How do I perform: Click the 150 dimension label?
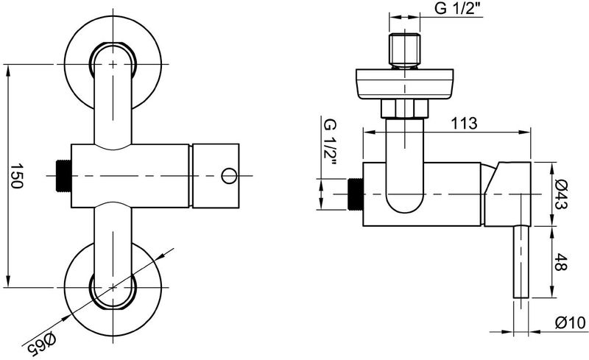pyautogui.click(x=15, y=175)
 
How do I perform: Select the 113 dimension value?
pyautogui.click(x=464, y=123)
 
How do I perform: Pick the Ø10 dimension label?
pyautogui.click(x=570, y=322)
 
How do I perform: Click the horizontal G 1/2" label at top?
pyautogui.click(x=459, y=8)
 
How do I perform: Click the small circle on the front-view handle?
pyautogui.click(x=229, y=175)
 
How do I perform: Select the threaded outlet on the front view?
pyautogui.click(x=63, y=175)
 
